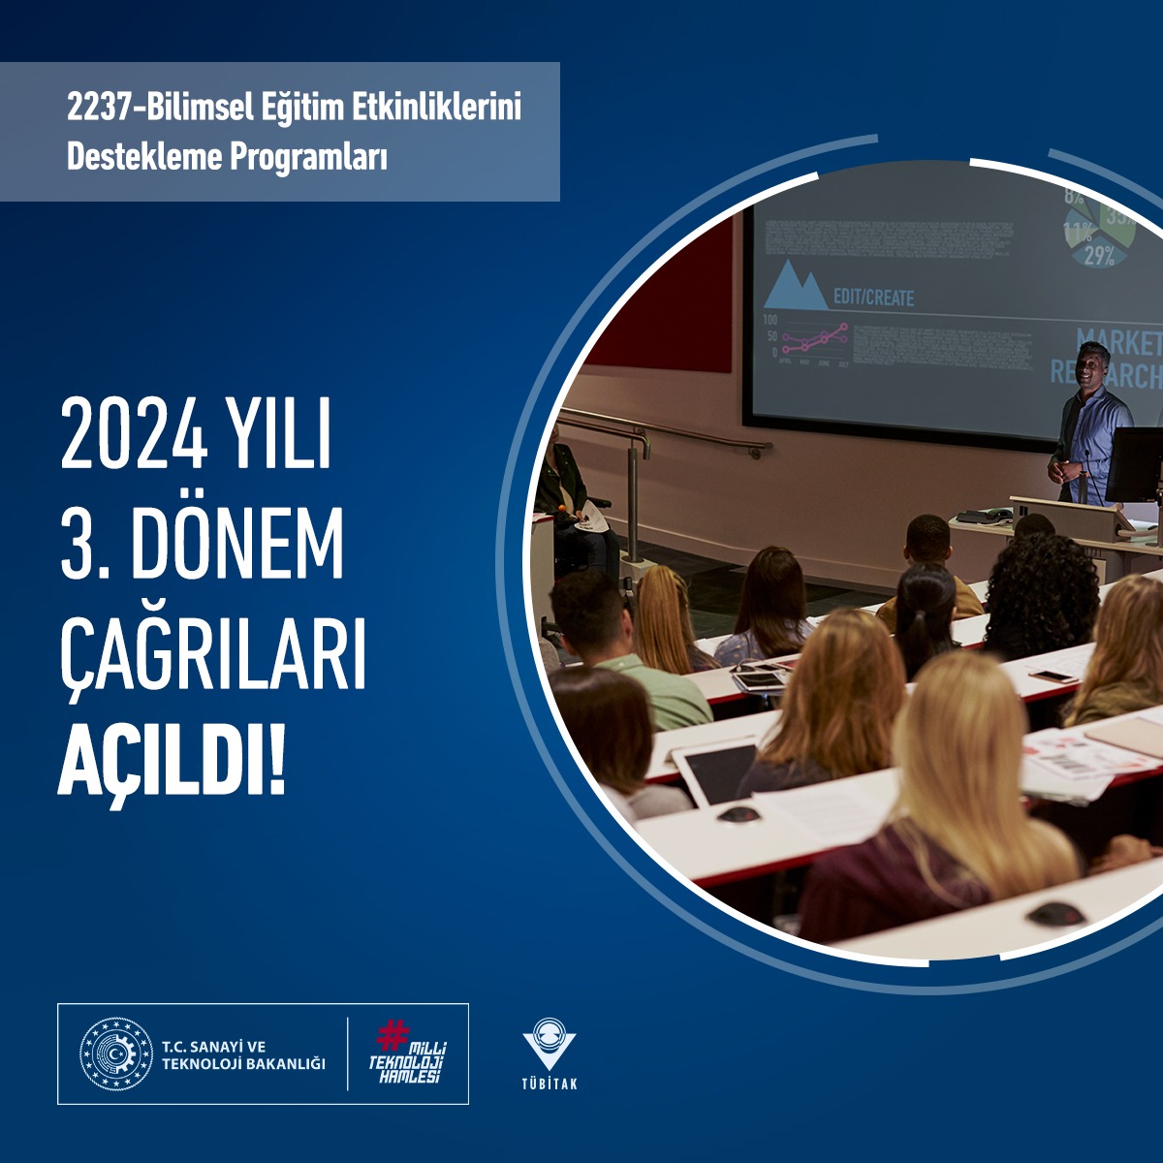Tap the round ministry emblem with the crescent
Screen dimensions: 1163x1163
click(x=116, y=1054)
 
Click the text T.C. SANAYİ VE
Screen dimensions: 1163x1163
click(x=213, y=1047)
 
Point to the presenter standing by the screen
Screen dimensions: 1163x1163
click(x=1090, y=422)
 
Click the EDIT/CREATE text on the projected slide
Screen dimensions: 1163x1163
click(x=873, y=298)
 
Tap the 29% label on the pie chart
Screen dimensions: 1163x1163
click(x=1099, y=256)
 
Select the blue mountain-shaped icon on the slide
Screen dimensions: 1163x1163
click(x=796, y=287)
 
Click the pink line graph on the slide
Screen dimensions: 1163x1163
click(x=815, y=339)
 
